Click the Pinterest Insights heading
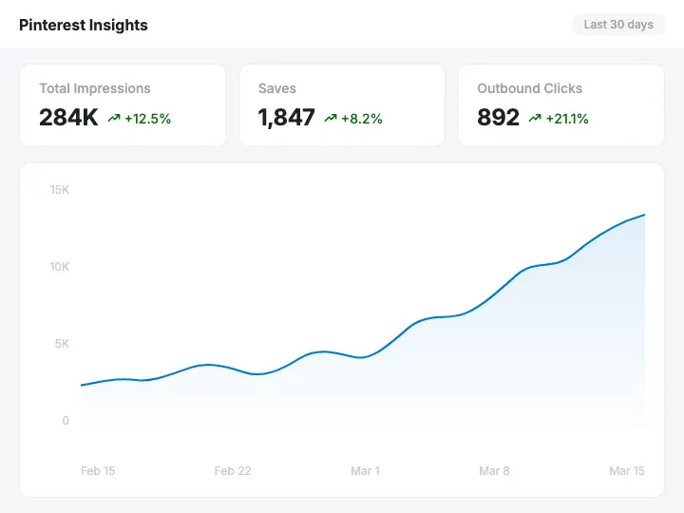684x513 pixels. point(84,25)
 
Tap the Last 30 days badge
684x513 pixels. point(618,25)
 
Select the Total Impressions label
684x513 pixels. point(95,88)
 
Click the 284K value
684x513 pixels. point(68,118)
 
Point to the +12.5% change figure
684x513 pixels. point(147,119)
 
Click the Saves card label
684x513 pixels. point(277,88)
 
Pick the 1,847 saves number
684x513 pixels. point(286,118)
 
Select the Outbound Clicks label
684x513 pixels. point(530,88)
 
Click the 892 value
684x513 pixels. point(498,118)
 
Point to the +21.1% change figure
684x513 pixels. point(567,119)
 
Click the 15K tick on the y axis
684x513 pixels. point(60,190)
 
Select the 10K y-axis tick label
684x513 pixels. point(60,267)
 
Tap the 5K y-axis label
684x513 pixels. point(62,344)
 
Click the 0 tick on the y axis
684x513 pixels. point(66,421)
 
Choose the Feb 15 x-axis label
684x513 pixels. point(98,471)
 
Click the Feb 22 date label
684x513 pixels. point(232,471)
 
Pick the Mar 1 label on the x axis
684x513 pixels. point(365,471)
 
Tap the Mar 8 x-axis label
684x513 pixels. point(495,471)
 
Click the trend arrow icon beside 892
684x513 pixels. point(535,119)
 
